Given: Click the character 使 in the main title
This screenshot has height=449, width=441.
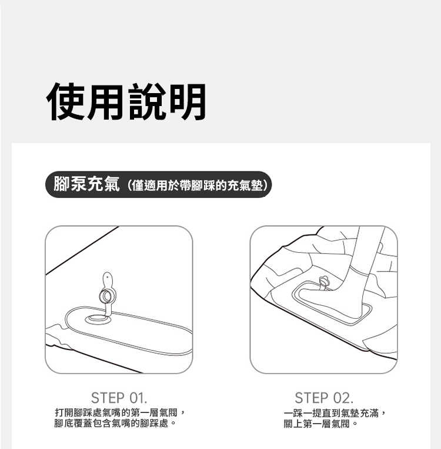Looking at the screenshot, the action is (65, 101).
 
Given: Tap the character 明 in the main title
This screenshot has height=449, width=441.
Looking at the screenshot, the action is (187, 101).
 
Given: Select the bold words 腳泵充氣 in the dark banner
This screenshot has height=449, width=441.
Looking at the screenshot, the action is (86, 184).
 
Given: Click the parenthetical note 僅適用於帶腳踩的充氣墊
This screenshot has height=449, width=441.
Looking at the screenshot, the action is (197, 186).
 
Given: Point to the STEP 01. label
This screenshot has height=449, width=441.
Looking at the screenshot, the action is (119, 398).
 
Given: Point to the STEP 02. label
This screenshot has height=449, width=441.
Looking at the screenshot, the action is (324, 398).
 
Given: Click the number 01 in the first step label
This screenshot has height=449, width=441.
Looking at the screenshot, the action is (136, 398).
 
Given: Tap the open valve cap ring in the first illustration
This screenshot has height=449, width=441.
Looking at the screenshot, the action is (108, 296).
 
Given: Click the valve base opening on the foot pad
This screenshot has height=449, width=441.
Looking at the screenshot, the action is (98, 318).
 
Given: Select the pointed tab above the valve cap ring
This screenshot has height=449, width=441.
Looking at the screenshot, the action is (108, 280).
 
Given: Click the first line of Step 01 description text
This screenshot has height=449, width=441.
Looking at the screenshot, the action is (120, 413).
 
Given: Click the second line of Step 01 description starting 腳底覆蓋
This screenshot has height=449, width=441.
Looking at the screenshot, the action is (115, 423).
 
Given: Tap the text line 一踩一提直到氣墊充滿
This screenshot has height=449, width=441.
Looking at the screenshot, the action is (335, 413).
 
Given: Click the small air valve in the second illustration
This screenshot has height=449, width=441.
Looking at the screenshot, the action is (324, 282).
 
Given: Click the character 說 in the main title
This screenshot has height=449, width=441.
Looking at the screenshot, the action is (147, 101).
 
